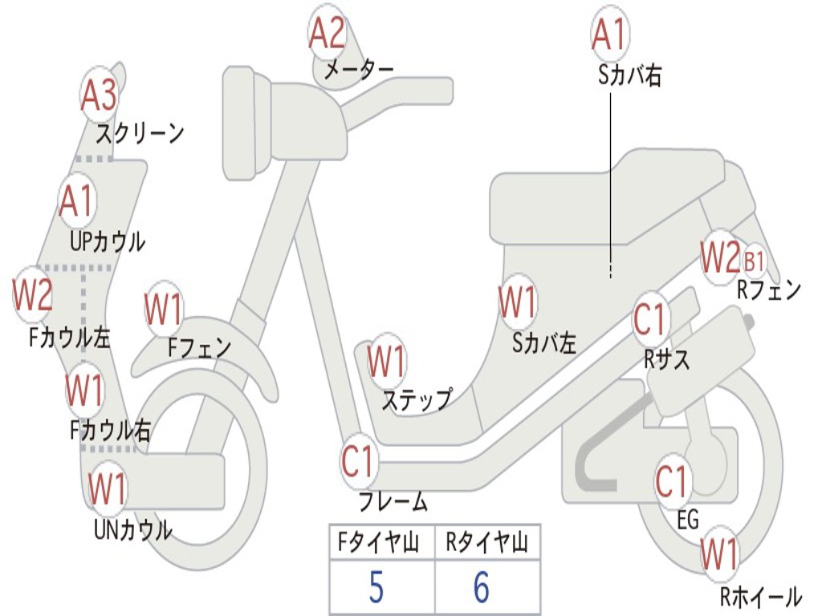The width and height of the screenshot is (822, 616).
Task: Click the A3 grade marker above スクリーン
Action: tap(100, 95)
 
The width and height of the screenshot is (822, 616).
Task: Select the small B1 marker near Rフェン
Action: tap(754, 261)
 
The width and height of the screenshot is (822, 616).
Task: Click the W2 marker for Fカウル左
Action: tap(33, 295)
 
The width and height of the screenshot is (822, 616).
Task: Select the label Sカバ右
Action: tap(630, 76)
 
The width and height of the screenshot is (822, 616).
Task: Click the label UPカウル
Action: tap(108, 241)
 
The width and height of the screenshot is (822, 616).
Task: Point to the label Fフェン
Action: tap(199, 347)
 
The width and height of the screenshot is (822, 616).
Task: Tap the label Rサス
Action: tap(667, 359)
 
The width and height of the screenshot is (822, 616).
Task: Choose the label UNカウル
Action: tap(132, 529)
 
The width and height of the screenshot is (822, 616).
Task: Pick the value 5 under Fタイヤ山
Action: tap(376, 588)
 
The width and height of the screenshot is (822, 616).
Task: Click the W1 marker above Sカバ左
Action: tap(517, 304)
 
